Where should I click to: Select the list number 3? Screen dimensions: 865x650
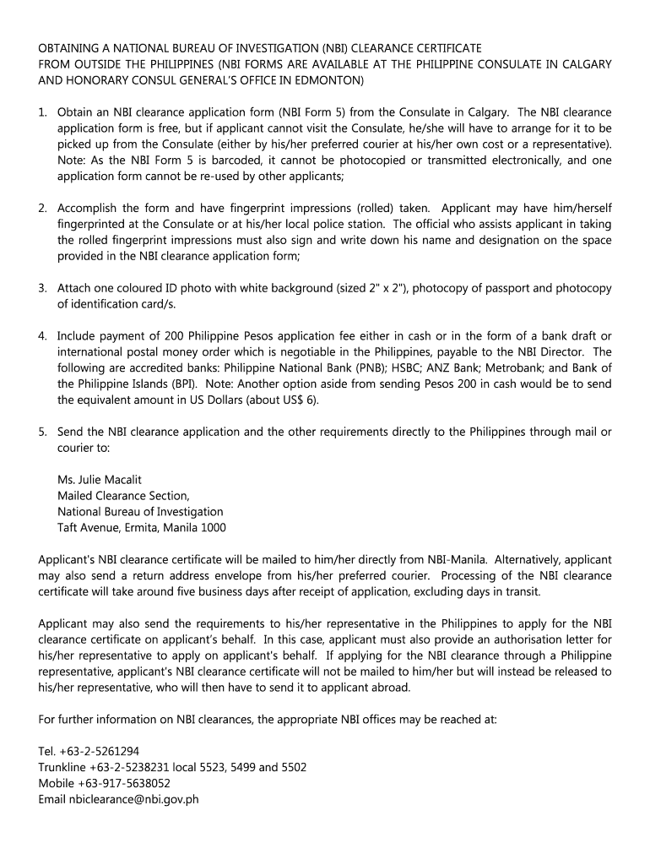[x=42, y=289]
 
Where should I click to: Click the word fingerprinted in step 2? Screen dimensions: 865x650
[x=96, y=225]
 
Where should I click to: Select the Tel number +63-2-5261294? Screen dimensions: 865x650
[x=101, y=751]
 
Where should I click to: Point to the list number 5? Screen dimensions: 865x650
[x=42, y=432]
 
